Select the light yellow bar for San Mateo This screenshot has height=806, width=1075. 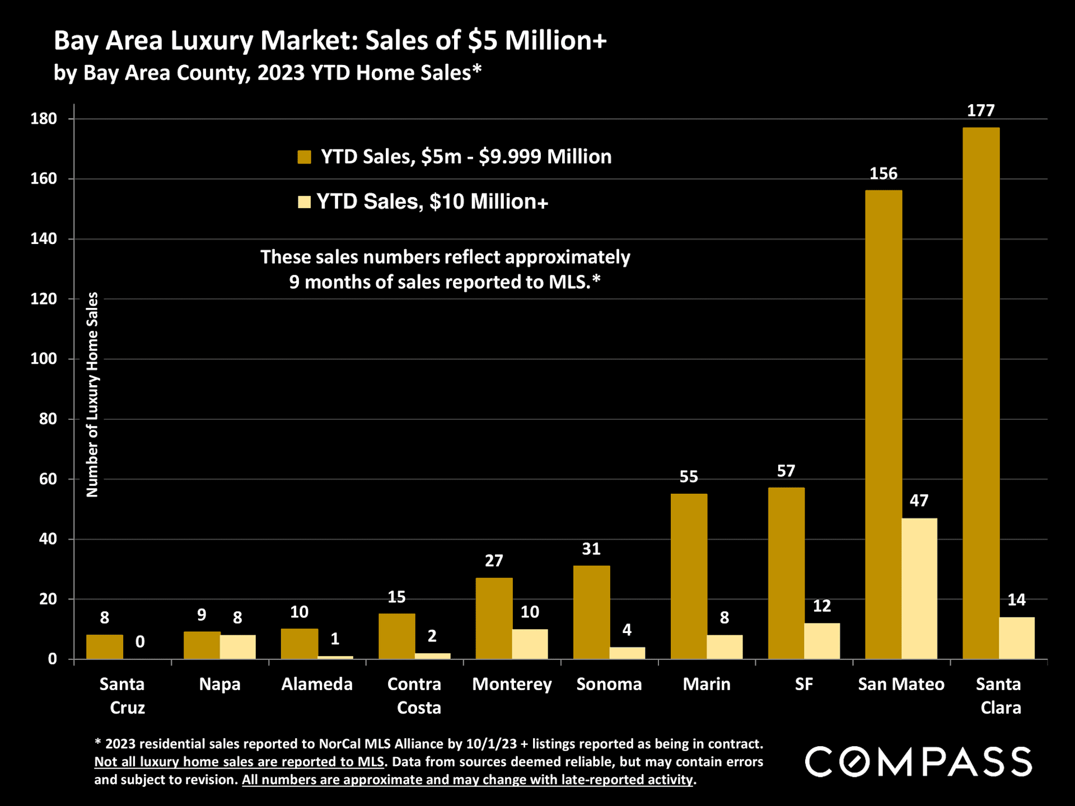[919, 588]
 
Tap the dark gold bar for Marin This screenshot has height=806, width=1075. [689, 576]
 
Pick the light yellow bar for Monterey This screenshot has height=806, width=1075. [530, 644]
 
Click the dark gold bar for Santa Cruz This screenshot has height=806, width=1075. [105, 646]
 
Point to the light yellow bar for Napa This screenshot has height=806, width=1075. [237, 646]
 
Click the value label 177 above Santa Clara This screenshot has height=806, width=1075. [980, 111]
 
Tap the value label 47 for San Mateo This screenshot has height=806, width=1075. [919, 500]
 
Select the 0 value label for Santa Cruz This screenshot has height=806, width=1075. [140, 641]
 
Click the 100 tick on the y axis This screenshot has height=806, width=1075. [44, 359]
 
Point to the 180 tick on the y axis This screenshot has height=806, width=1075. [44, 119]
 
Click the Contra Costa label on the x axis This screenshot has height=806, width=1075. [414, 696]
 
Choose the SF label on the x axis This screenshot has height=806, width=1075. [803, 684]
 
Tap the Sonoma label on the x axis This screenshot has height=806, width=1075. [609, 684]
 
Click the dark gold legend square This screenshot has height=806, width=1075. [304, 157]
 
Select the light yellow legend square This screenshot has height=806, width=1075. [304, 201]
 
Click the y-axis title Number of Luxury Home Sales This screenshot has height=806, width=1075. [92, 395]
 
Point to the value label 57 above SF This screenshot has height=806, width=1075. [786, 471]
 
